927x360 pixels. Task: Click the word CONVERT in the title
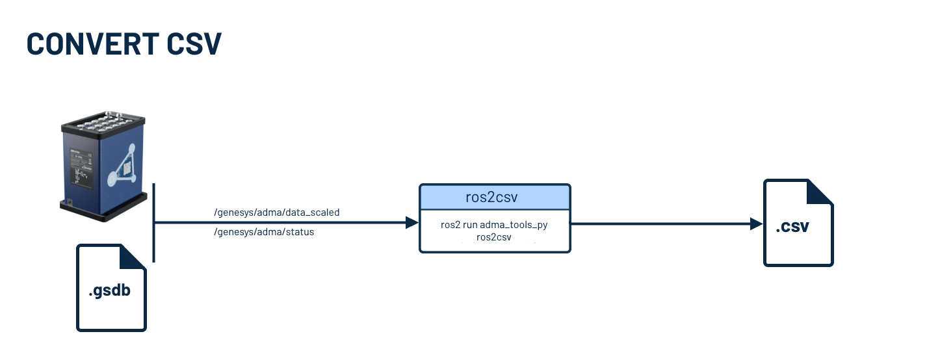pos(91,43)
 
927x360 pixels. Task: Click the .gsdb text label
pos(109,290)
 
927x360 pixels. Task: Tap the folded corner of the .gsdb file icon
pos(134,256)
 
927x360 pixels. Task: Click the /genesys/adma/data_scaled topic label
pos(277,212)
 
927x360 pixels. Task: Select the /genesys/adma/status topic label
pos(264,232)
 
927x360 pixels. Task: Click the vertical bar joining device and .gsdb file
pos(154,222)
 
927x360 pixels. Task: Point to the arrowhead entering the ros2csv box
pos(412,223)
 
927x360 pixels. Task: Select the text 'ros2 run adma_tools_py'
pos(495,224)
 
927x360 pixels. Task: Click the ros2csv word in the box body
pos(495,237)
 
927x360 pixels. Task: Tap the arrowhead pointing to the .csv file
pos(756,224)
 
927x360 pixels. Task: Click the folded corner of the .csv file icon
pos(820,192)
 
